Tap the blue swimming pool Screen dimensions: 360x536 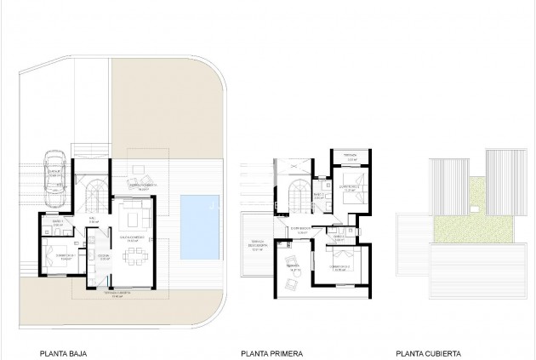coord(201,225)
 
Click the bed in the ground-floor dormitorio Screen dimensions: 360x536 coord(60,255)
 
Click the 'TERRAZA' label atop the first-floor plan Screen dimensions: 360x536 coord(349,155)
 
